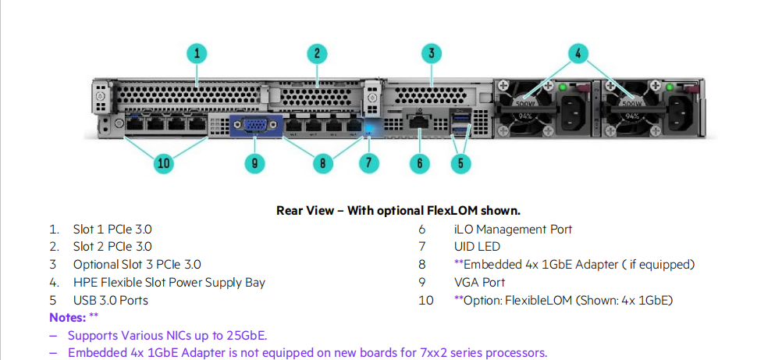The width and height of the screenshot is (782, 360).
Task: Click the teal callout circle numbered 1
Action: (x=197, y=54)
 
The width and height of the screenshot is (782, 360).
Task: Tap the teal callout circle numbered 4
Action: (x=578, y=54)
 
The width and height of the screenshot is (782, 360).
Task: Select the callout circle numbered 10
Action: (x=164, y=162)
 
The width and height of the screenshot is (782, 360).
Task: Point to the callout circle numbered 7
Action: (x=368, y=162)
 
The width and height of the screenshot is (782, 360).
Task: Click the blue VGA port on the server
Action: (x=256, y=125)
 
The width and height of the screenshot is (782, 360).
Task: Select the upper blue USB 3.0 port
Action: (x=460, y=117)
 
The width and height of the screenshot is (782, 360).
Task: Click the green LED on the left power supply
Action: (x=563, y=87)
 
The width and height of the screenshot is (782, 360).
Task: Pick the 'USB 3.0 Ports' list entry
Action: (x=111, y=301)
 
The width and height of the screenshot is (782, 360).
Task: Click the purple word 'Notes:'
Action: (x=68, y=317)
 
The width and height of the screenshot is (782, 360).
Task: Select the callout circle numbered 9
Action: (x=255, y=162)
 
